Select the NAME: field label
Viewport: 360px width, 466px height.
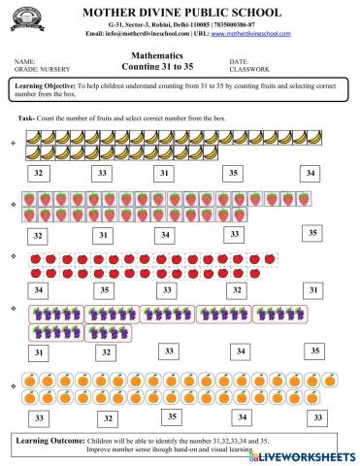coord(26,61)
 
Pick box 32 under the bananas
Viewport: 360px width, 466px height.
coord(38,173)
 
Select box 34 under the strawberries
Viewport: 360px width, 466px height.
coord(166,235)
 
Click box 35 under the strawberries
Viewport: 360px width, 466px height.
coord(311,233)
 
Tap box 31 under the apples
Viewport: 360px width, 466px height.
coord(311,289)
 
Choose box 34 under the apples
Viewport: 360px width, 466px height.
coord(38,289)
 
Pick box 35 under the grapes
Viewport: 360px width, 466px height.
coord(313,350)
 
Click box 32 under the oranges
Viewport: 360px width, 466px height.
coord(109,418)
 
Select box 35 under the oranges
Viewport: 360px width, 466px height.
coord(172,416)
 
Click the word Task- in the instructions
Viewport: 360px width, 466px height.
coord(27,117)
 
